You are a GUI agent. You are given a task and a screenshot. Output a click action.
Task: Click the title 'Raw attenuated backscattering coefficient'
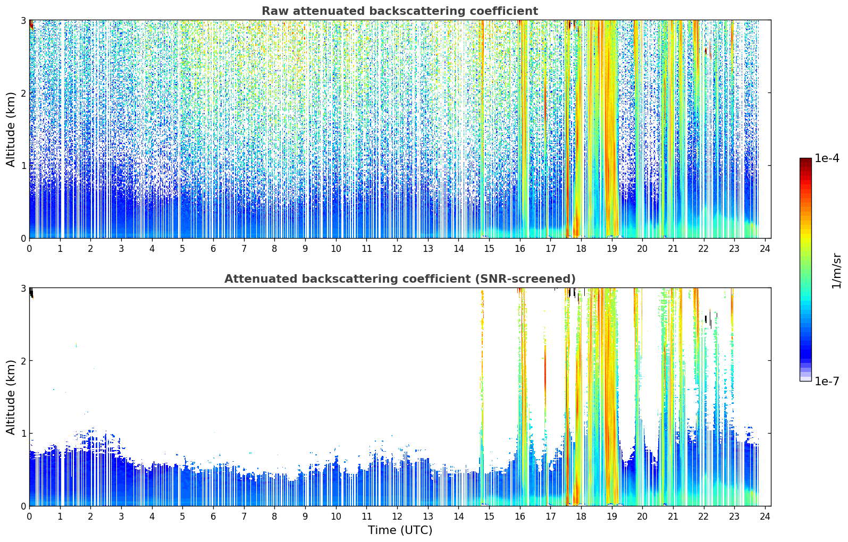point(400,11)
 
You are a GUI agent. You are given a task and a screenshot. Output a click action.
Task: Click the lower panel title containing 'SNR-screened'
point(400,278)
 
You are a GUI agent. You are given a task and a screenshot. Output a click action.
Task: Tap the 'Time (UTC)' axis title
point(400,530)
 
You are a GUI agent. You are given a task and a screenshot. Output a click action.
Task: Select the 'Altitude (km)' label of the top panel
point(11,129)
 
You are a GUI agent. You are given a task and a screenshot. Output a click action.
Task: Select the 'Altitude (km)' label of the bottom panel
point(11,397)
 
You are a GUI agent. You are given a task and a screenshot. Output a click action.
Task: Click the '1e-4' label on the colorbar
point(827,158)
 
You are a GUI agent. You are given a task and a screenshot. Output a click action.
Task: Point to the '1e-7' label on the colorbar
point(827,382)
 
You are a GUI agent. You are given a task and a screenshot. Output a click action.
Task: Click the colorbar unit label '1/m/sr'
point(837,271)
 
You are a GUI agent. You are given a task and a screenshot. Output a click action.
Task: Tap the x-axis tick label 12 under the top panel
point(397,249)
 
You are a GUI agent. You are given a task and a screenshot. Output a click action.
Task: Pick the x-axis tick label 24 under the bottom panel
point(765,516)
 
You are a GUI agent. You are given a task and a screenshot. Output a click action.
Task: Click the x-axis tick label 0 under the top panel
point(30,249)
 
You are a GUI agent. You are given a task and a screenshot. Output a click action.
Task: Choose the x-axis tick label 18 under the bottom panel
point(581,516)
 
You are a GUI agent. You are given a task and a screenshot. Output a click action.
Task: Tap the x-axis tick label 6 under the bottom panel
point(214,516)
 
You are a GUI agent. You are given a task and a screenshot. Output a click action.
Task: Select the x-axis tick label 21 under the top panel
point(673,249)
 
